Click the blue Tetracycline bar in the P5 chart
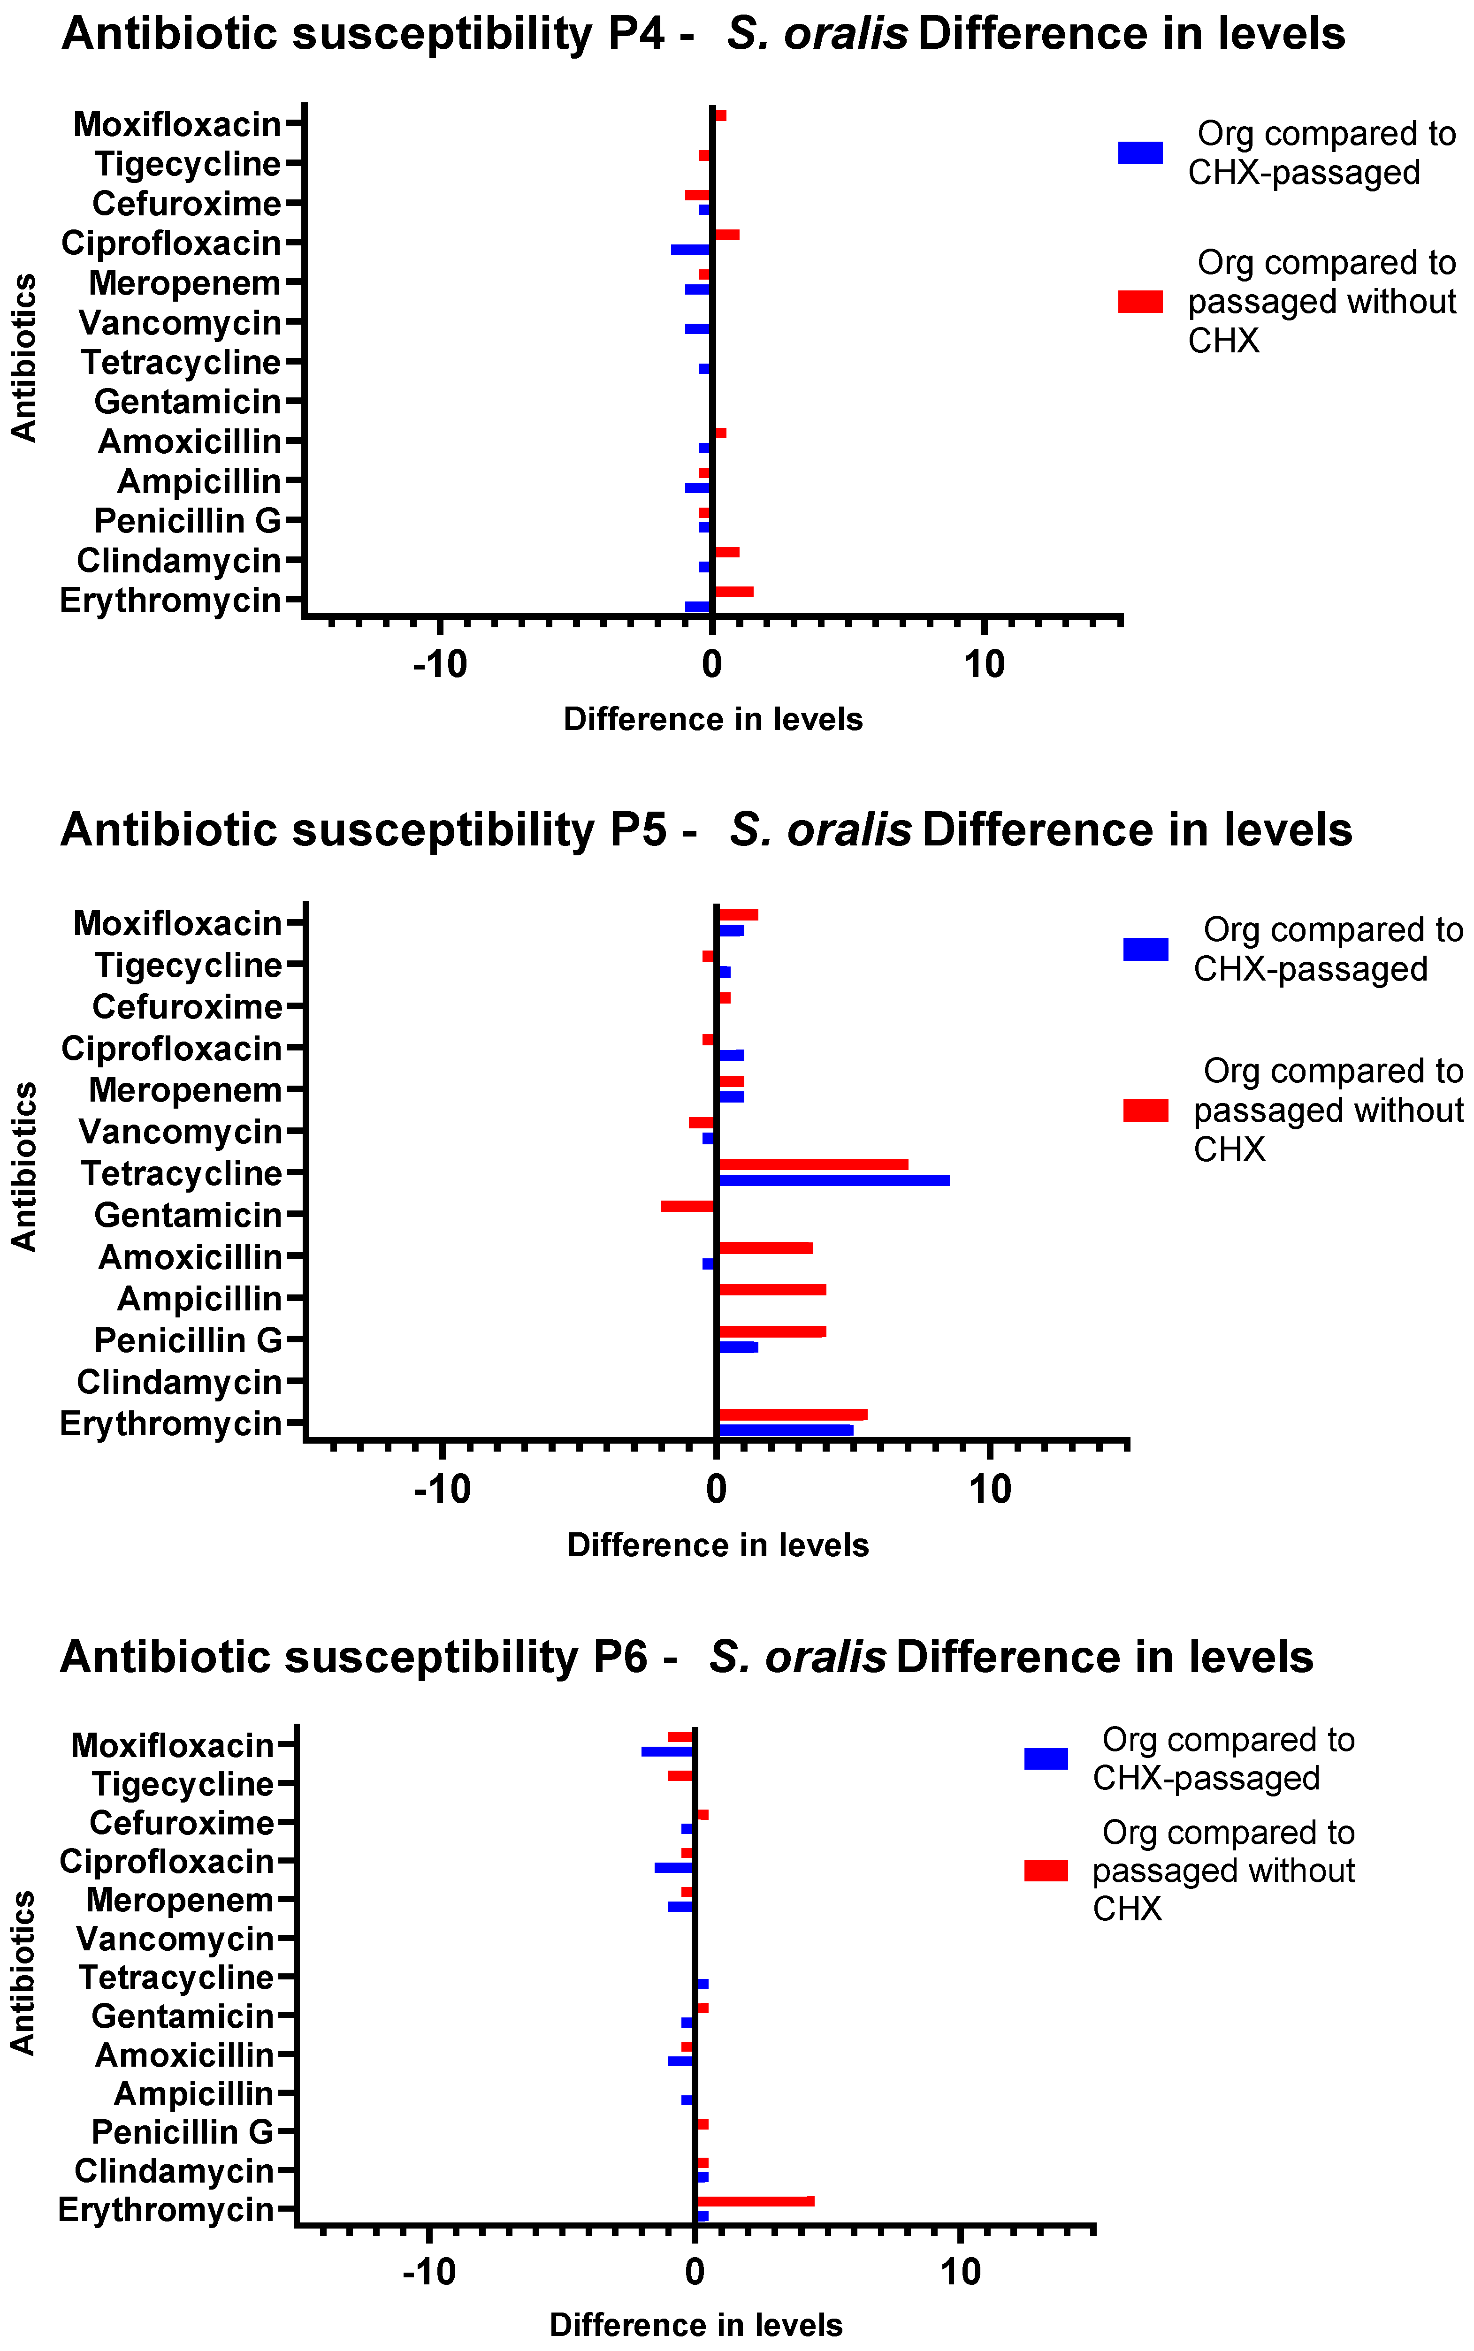coord(833,1180)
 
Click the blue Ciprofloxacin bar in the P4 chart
coord(690,250)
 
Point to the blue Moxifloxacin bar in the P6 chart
coord(667,1751)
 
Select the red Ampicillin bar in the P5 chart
coord(772,1290)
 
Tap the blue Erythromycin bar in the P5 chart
coord(786,1430)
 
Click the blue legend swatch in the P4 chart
coord(1139,153)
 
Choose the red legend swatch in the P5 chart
coord(1146,1110)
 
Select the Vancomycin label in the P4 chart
coord(180,323)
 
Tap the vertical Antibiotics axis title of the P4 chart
coord(23,358)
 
